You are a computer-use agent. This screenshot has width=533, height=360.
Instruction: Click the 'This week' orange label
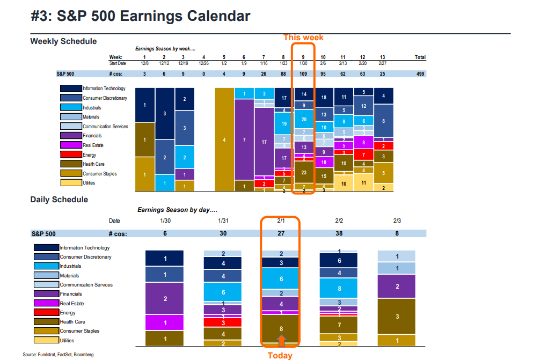pyautogui.click(x=304, y=38)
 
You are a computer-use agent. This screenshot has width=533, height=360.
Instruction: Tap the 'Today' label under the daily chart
pyautogui.click(x=280, y=355)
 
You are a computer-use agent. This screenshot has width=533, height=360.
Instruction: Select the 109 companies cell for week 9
pyautogui.click(x=303, y=74)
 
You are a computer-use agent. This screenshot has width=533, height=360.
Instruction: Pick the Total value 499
pyautogui.click(x=420, y=74)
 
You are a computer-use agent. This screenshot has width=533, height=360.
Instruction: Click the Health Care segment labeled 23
pyautogui.click(x=303, y=173)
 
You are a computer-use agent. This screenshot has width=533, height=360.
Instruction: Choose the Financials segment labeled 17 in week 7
pyautogui.click(x=264, y=142)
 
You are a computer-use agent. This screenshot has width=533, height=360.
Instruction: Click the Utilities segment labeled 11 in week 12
pyautogui.click(x=363, y=182)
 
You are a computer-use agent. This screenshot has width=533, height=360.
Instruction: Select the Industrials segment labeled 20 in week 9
pyautogui.click(x=303, y=120)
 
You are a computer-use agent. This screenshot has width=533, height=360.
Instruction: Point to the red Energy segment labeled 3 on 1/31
pyautogui.click(x=223, y=322)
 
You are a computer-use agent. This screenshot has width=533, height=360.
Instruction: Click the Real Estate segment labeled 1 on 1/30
pyautogui.click(x=165, y=322)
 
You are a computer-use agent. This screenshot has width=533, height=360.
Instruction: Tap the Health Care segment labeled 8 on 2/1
pyautogui.click(x=281, y=328)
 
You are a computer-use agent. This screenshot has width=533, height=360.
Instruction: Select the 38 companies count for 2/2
pyautogui.click(x=339, y=233)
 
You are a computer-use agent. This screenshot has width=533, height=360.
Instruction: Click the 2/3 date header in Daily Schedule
pyautogui.click(x=397, y=221)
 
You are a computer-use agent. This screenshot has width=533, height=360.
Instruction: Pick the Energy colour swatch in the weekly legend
pyautogui.click(x=70, y=155)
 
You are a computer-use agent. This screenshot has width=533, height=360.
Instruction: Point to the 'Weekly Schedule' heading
pyautogui.click(x=63, y=41)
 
